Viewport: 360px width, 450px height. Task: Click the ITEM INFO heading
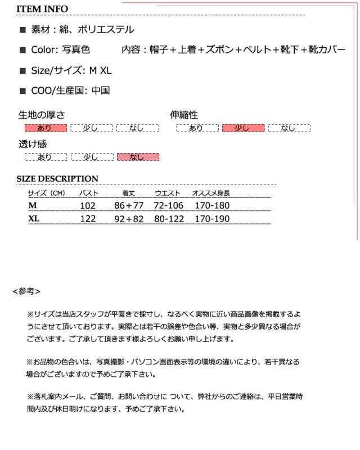pos(42,9)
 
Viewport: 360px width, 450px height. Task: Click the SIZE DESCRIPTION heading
pos(57,179)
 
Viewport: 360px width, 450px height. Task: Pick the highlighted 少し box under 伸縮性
pos(243,128)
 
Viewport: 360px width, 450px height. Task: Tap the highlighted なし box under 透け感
pos(138,157)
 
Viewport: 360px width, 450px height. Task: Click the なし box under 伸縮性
pos(289,128)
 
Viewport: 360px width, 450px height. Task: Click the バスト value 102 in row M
pos(88,206)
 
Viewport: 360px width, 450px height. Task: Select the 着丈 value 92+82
pos(129,219)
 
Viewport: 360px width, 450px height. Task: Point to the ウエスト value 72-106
pos(169,206)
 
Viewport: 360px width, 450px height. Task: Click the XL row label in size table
pos(34,219)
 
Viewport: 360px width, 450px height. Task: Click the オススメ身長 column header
pos(211,193)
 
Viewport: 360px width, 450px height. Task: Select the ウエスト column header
pos(168,193)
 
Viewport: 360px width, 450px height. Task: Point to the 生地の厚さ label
pos(42,115)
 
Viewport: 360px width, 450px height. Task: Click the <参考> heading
pos(26,291)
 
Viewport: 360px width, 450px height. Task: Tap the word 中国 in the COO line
pos(101,90)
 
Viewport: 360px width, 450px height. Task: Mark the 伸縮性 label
pos(184,115)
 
